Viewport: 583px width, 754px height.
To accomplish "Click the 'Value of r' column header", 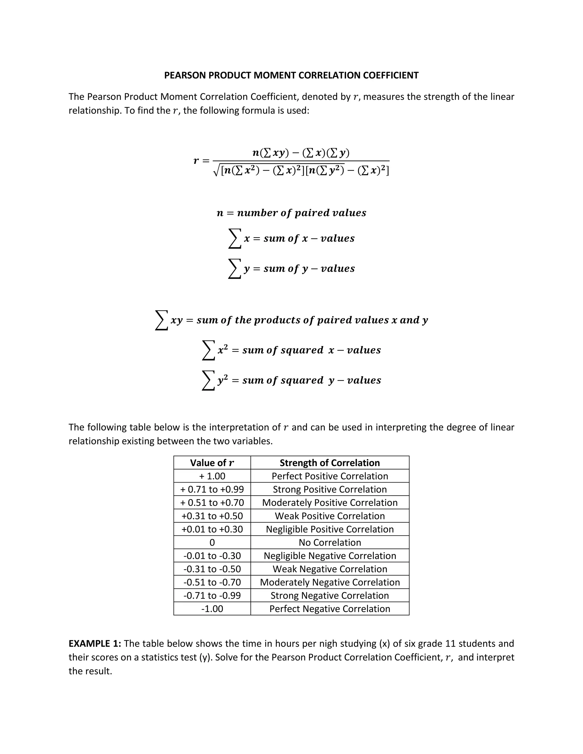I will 212,463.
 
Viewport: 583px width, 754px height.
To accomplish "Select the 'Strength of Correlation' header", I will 329,463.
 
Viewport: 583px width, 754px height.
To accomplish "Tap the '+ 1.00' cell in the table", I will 212,476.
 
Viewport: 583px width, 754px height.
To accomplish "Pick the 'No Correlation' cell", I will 329,542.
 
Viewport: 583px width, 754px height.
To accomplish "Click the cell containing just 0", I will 212,542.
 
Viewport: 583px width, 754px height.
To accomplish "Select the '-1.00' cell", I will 212,609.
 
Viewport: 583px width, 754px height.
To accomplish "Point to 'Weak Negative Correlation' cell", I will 329,569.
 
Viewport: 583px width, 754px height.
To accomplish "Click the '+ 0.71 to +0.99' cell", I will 212,489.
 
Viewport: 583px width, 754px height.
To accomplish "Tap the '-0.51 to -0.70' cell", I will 212,582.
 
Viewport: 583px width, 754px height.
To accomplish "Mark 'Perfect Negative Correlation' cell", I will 329,609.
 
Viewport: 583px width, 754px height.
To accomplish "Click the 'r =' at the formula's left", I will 201,161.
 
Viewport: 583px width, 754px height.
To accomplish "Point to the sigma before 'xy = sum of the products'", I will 161,320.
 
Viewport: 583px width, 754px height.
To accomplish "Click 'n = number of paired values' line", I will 291,213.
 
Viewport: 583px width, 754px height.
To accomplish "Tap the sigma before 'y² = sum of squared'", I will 208,380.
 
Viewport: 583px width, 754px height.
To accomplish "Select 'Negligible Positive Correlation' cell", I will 329,529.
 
